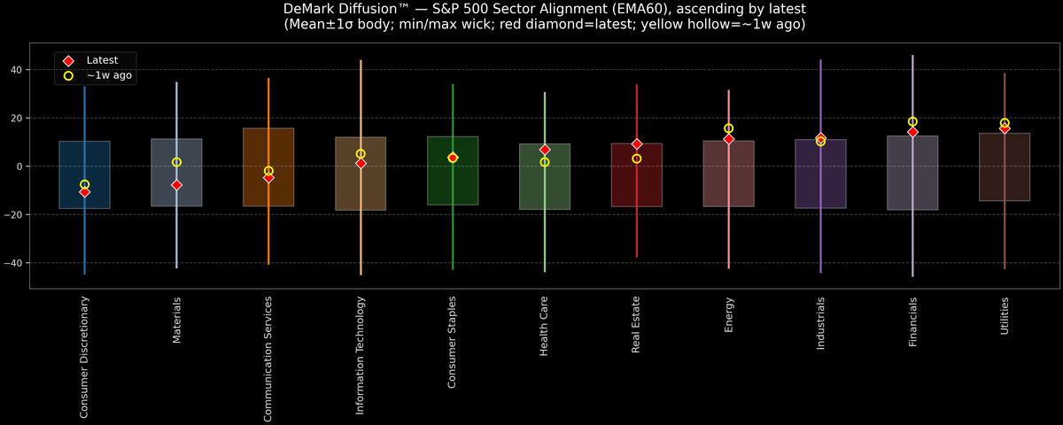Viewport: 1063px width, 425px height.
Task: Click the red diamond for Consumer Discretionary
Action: coord(85,192)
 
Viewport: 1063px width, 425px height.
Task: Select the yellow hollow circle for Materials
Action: coord(176,162)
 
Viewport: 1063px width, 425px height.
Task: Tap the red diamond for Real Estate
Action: coord(637,144)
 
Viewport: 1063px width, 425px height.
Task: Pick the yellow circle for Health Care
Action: coord(545,162)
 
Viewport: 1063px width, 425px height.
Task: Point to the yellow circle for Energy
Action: coord(728,128)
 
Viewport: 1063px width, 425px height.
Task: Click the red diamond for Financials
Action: coord(912,132)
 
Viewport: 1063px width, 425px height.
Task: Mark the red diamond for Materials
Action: coord(176,185)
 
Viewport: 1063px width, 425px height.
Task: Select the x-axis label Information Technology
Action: coord(361,355)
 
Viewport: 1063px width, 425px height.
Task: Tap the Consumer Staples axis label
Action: coord(453,342)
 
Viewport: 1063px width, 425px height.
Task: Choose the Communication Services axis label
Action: coord(268,359)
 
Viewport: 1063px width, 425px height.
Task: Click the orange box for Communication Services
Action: coord(268,190)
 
